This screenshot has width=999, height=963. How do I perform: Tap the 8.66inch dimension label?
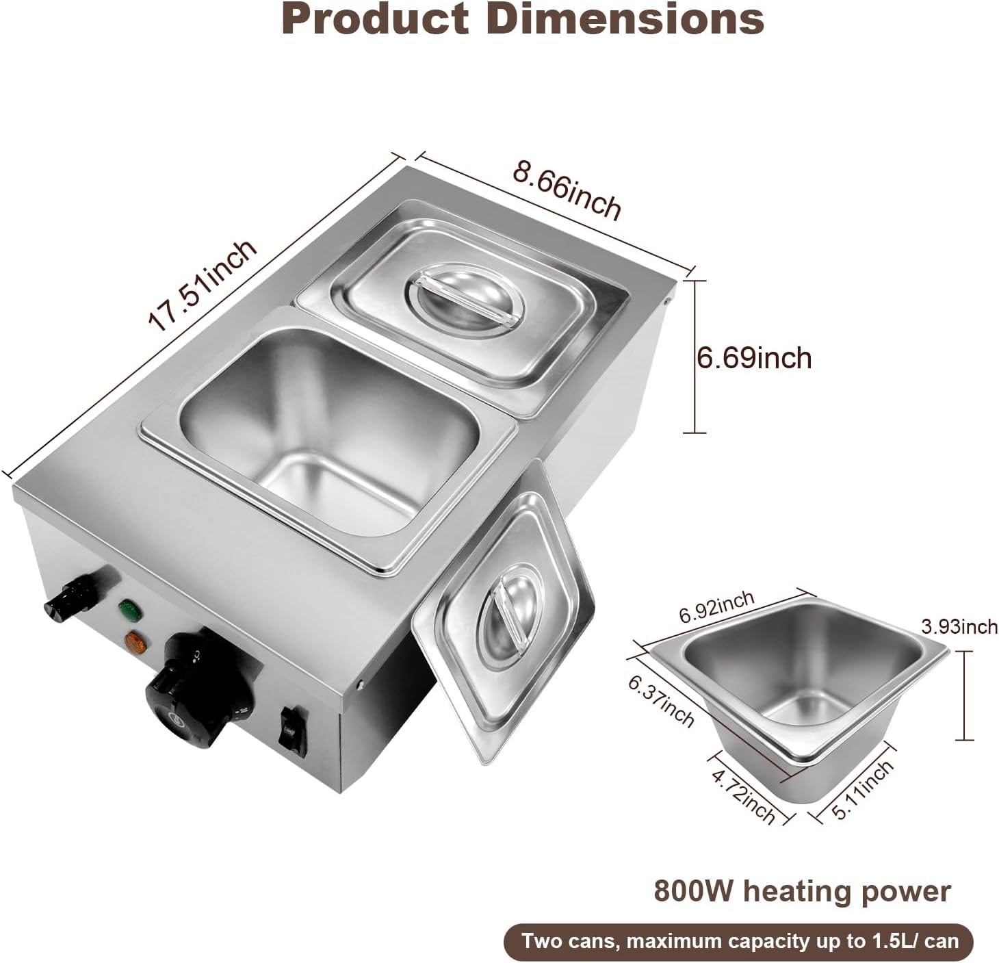tap(567, 188)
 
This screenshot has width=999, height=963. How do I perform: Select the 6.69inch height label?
tap(754, 358)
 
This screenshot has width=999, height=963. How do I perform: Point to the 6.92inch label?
tap(716, 606)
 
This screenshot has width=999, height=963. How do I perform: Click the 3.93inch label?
tap(959, 626)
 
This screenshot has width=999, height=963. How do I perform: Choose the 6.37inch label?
tap(661, 701)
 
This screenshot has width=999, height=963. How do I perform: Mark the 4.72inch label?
tap(744, 796)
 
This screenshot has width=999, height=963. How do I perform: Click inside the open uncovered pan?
tap(322, 445)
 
